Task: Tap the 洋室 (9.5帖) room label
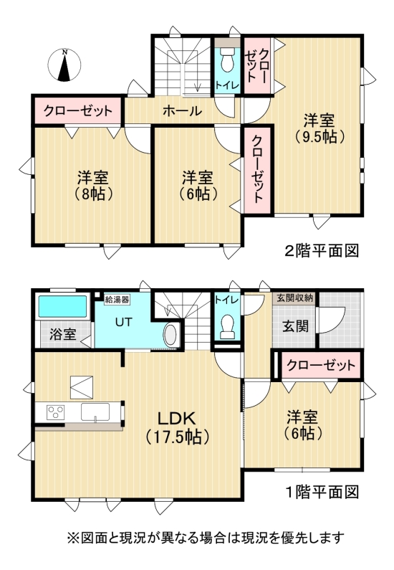coord(319,128)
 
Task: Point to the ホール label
coord(181,111)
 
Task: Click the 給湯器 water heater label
coord(117,299)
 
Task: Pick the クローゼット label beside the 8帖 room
coord(78,111)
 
